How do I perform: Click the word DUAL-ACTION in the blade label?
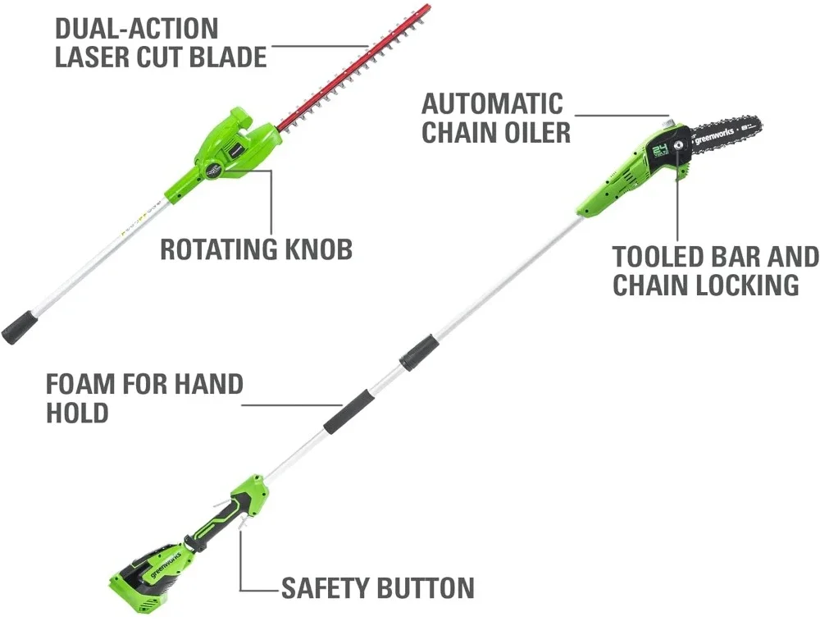tap(136, 29)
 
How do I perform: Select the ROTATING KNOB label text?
tap(256, 249)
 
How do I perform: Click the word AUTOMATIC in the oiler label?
tap(493, 103)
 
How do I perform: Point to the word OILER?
tap(533, 132)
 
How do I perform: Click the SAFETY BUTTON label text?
tap(378, 588)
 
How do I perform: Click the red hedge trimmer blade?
tap(356, 66)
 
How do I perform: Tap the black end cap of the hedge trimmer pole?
tap(20, 327)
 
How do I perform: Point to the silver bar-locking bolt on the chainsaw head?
tap(680, 145)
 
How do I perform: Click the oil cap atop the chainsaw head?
tap(668, 124)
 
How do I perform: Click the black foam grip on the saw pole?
tap(347, 412)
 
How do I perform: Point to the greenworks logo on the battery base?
tap(166, 564)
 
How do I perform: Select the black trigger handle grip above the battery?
tap(217, 523)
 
